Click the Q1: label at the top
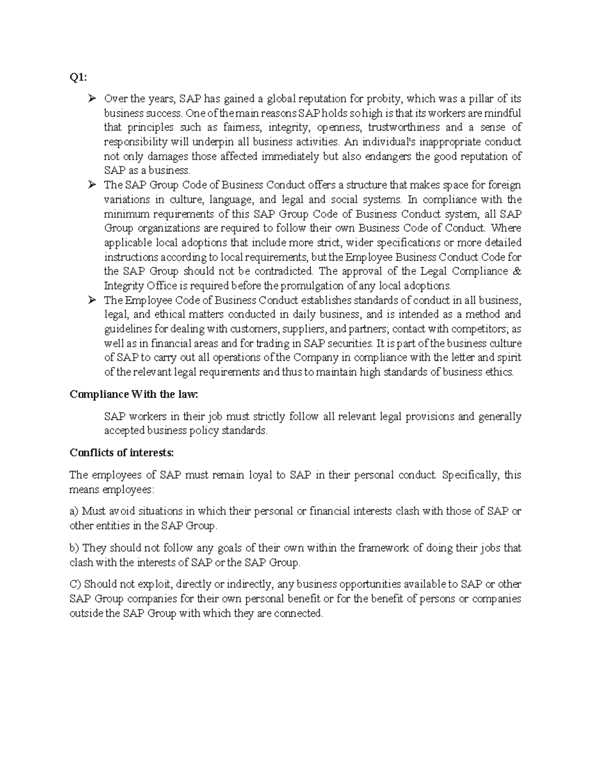click(78, 77)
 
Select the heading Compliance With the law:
click(134, 395)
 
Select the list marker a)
click(74, 511)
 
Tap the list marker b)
click(75, 548)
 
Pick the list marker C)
click(75, 584)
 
